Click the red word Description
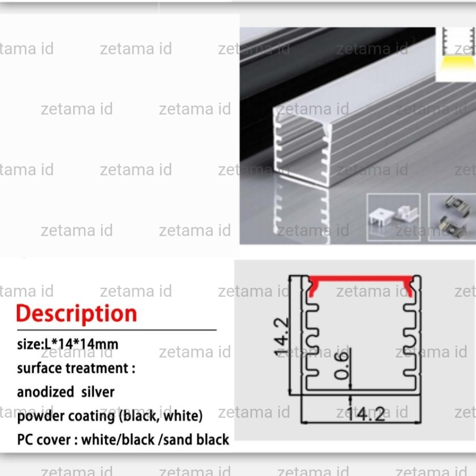click(77, 314)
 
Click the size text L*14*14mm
click(82, 344)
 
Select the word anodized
click(45, 392)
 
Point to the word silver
click(98, 392)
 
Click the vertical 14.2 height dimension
click(282, 337)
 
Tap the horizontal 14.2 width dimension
click(370, 415)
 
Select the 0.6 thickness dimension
click(343, 365)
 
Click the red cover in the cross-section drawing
click(361, 281)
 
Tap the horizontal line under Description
click(116, 329)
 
